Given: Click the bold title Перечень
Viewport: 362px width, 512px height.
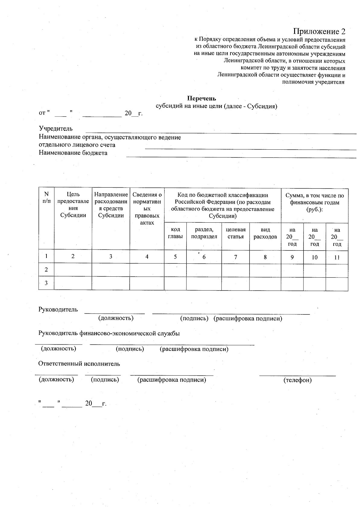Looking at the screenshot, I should tap(202, 98).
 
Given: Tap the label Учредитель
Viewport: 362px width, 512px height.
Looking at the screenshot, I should tap(56, 129).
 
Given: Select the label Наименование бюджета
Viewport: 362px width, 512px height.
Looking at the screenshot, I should tap(73, 153).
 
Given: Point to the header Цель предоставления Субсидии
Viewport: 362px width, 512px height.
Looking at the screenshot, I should tap(73, 205).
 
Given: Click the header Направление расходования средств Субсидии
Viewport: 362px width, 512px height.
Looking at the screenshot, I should tap(111, 205).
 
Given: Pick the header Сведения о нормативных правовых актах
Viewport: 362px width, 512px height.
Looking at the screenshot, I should tap(147, 208).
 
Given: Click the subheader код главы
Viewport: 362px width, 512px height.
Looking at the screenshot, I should tap(175, 233).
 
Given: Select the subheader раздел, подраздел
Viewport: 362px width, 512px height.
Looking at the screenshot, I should tap(204, 233).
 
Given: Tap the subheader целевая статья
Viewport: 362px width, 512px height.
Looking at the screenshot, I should tap(236, 233).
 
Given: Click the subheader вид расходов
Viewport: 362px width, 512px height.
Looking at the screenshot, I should tap(265, 233).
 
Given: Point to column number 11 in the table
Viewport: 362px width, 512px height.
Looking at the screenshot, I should tap(337, 257).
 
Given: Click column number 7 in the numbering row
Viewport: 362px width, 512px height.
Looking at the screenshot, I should tap(236, 257).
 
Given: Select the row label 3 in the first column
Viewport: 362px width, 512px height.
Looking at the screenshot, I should tap(46, 283).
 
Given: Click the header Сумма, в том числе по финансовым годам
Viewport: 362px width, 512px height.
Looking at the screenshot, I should tap(314, 202).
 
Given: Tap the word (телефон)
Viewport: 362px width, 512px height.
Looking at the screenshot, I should tap(297, 380).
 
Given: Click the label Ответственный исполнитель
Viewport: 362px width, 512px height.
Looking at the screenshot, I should tap(79, 364).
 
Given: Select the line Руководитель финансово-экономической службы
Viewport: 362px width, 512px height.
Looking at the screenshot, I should tap(109, 333).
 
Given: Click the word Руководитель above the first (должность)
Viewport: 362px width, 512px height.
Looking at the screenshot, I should tap(58, 310).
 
